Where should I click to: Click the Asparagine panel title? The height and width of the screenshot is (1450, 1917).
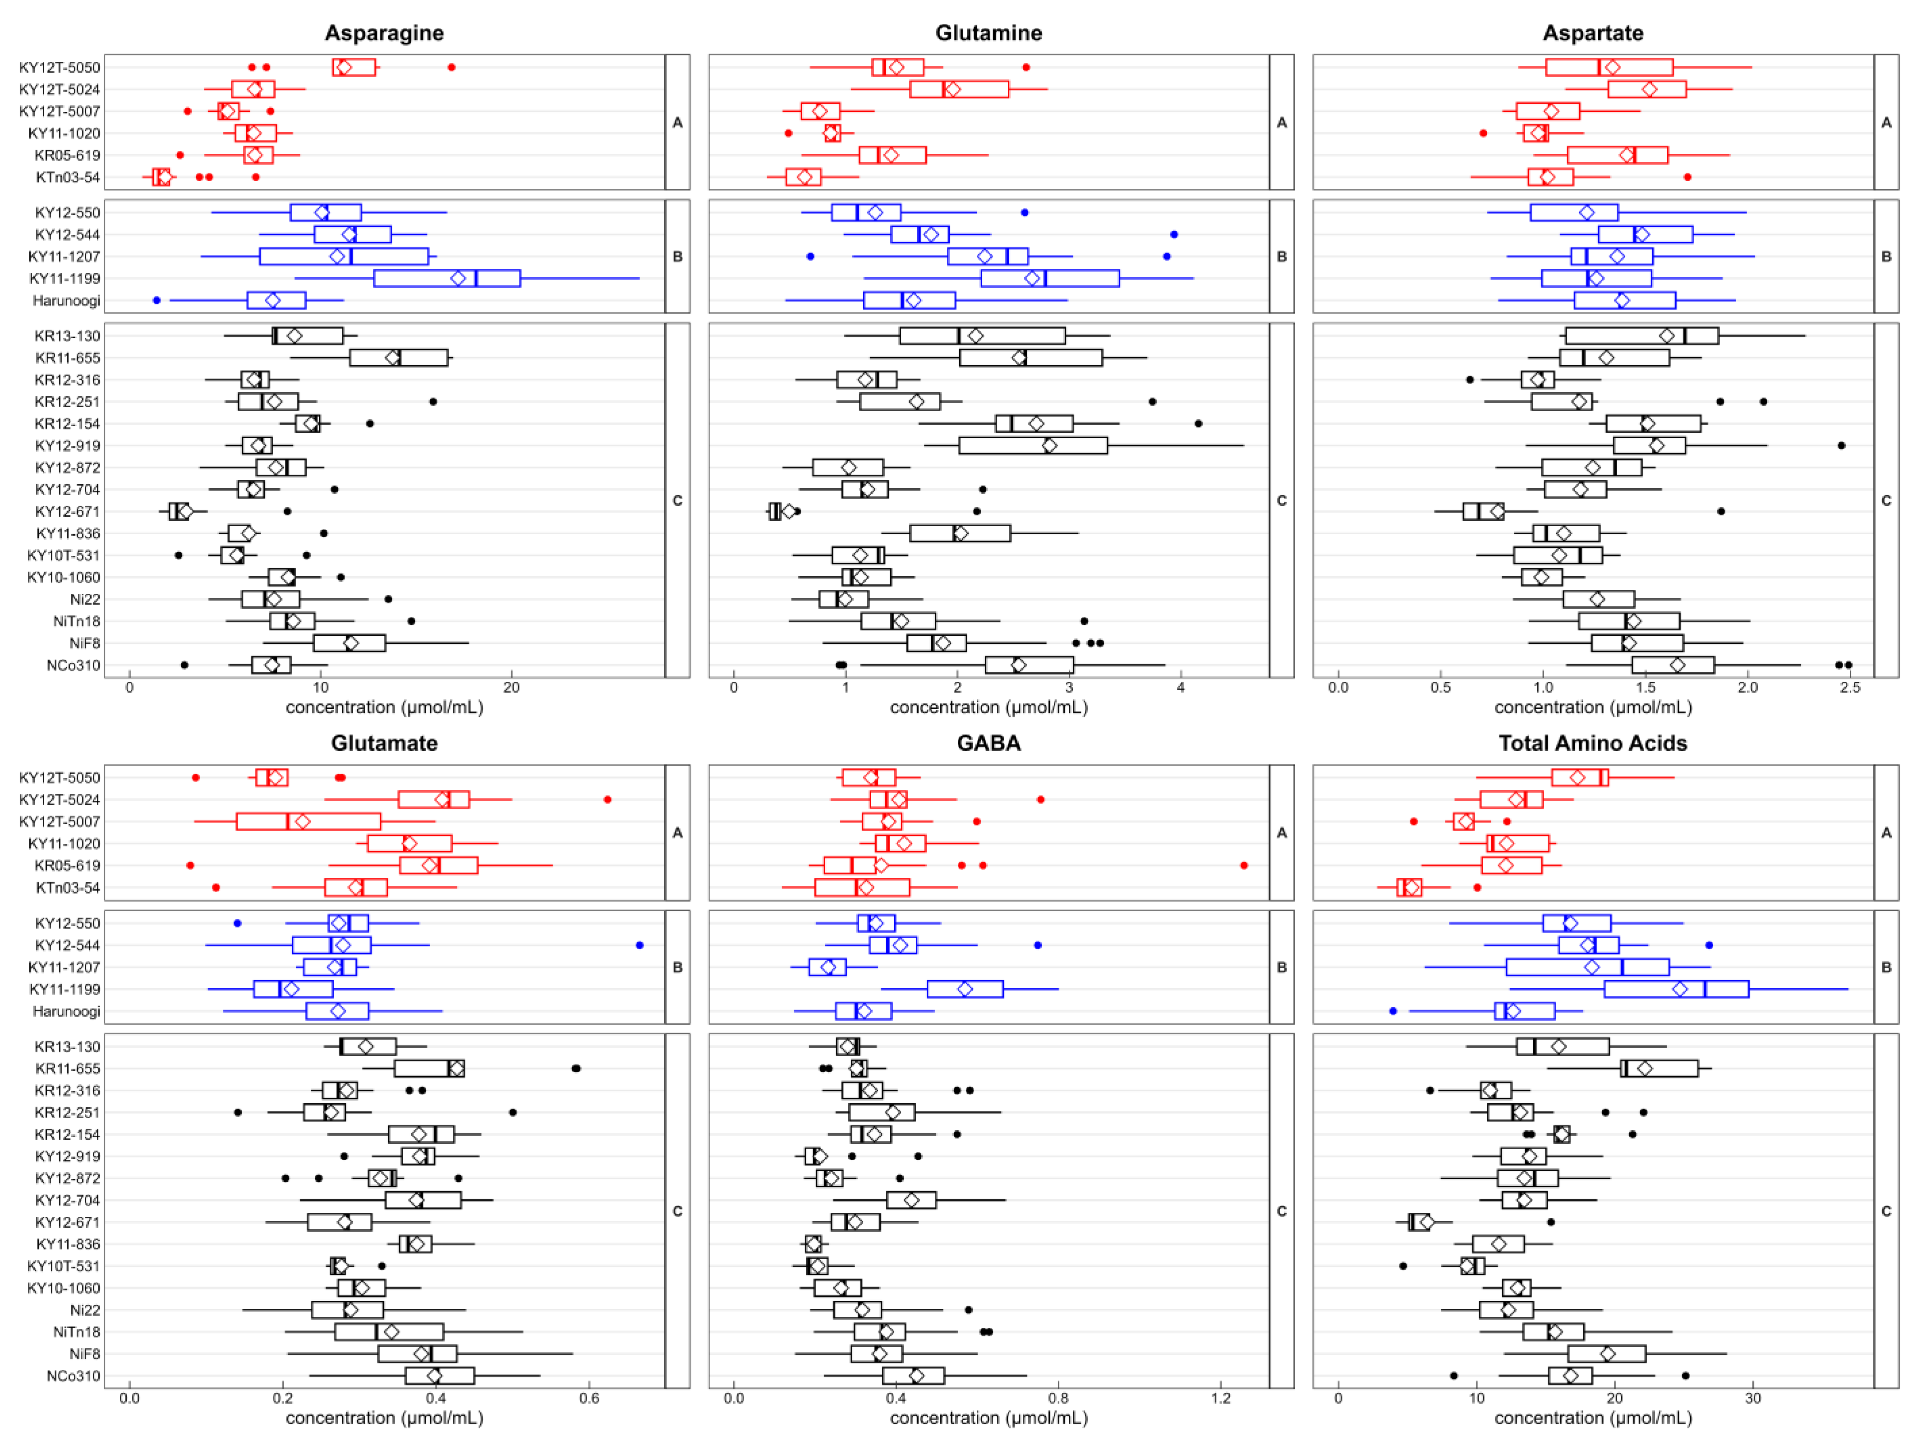click(384, 33)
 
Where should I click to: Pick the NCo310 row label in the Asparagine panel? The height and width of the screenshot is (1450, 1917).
click(74, 665)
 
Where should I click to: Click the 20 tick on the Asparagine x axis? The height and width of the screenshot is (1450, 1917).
click(511, 687)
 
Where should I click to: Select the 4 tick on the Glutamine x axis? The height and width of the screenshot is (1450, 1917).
click(1180, 687)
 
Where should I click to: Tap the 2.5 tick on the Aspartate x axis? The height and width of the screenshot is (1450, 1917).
click(1850, 687)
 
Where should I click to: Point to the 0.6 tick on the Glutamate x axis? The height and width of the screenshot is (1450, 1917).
click(589, 1398)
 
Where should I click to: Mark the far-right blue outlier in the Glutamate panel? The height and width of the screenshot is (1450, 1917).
click(639, 945)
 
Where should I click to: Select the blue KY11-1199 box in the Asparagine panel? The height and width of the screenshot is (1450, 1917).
click(447, 278)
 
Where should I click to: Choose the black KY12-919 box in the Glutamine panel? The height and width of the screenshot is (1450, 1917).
click(1033, 445)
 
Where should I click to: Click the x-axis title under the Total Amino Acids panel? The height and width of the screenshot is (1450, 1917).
click(1593, 1418)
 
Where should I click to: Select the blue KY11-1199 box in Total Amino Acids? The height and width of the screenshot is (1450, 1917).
click(1676, 989)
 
